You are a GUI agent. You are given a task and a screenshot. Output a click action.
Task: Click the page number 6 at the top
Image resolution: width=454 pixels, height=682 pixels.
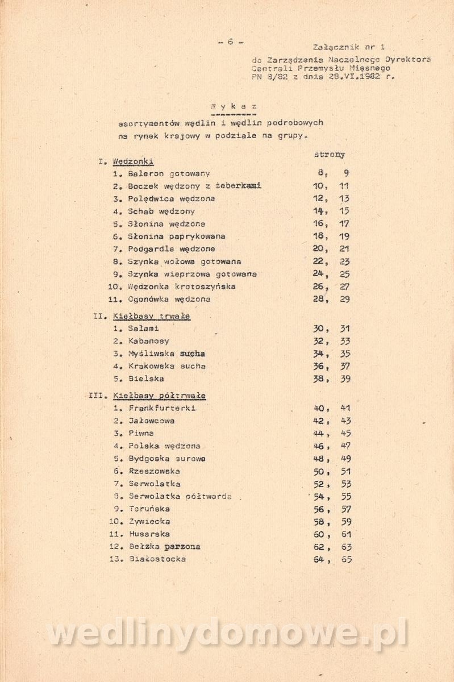click(230, 41)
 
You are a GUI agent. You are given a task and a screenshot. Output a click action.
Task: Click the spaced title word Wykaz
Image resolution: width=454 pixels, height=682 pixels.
click(233, 106)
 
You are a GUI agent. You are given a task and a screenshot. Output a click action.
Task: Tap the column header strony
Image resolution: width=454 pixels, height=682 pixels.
click(329, 155)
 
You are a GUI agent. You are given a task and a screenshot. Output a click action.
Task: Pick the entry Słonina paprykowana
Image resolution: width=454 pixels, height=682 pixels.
click(177, 236)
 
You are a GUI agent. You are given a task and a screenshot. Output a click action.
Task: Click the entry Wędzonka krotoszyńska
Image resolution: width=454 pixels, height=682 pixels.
click(182, 286)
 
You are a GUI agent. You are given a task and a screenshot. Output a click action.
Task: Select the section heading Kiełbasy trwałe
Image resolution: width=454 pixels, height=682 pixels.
click(152, 316)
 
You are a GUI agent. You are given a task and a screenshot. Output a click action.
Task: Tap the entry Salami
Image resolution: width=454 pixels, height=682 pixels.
click(144, 328)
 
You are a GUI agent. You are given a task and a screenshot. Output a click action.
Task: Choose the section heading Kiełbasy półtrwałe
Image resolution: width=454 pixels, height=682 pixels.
click(159, 396)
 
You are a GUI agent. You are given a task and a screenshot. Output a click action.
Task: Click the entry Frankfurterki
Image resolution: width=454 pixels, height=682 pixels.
click(163, 409)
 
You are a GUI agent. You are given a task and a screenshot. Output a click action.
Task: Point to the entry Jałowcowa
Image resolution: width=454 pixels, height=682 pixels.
click(152, 421)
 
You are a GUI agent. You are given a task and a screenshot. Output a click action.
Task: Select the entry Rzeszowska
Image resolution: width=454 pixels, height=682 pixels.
click(155, 471)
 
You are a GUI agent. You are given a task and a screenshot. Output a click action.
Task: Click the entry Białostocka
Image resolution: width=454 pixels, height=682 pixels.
click(157, 559)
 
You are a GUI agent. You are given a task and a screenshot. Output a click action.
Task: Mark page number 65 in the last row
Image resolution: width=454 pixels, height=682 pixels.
click(345, 559)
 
